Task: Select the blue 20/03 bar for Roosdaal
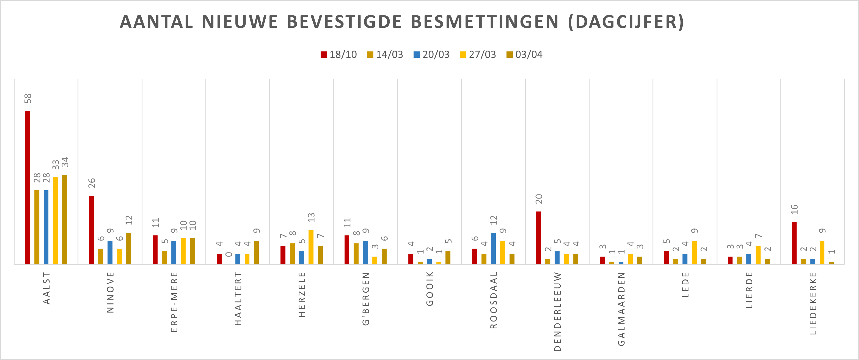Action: tap(493, 248)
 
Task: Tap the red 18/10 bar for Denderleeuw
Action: tap(539, 238)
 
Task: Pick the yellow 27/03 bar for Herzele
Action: tap(311, 247)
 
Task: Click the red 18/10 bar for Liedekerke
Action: tap(794, 243)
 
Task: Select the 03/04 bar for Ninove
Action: tap(129, 248)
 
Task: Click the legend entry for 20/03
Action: tap(431, 54)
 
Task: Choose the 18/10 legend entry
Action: tap(339, 54)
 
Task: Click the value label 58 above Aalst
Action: tap(28, 98)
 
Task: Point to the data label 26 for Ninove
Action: tap(92, 183)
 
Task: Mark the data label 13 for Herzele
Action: tap(311, 218)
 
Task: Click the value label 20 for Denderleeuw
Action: tap(539, 199)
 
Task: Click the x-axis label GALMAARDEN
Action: tap(621, 309)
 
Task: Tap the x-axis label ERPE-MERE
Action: tap(174, 302)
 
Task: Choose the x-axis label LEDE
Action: tap(685, 285)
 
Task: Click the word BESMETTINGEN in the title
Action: tap(484, 22)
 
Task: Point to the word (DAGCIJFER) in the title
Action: tap(626, 22)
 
